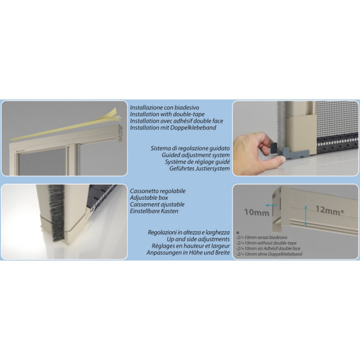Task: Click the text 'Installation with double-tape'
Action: click(x=167, y=114)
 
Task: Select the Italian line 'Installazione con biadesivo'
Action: click(x=164, y=108)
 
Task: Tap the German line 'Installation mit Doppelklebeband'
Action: click(x=173, y=128)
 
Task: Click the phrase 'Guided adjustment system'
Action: click(x=196, y=155)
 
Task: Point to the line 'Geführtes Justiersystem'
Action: click(x=199, y=168)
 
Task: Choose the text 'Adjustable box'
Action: click(x=149, y=198)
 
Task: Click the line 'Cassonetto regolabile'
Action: click(x=158, y=191)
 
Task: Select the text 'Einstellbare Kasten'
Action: click(x=154, y=211)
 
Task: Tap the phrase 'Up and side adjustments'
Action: click(x=198, y=239)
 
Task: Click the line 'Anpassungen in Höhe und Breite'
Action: click(x=188, y=252)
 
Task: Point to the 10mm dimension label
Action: click(x=256, y=212)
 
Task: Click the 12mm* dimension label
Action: click(x=329, y=210)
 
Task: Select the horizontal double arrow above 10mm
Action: click(x=271, y=205)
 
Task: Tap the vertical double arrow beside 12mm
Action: click(x=306, y=216)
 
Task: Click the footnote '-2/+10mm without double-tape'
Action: click(x=266, y=243)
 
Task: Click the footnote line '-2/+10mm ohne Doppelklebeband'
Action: click(x=269, y=254)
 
